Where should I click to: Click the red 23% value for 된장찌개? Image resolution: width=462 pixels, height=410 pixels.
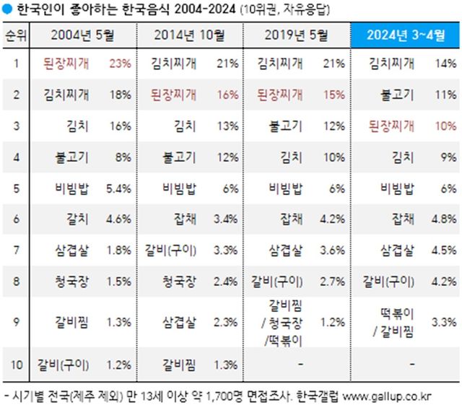click(119, 64)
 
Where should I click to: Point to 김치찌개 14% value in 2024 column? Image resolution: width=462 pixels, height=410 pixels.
click(445, 64)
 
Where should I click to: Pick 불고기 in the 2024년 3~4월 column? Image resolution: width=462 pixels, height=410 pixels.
click(397, 94)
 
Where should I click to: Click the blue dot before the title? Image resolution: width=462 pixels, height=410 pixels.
click(6, 9)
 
